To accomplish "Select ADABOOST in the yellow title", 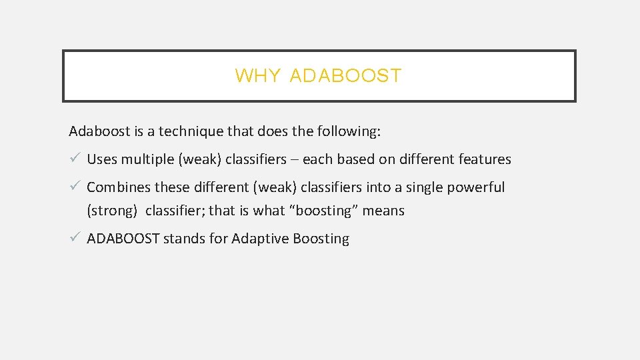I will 346,76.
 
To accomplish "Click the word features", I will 485,159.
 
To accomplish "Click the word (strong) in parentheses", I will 112,211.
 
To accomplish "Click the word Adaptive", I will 259,239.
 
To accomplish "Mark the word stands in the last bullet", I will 184,239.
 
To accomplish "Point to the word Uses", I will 102,159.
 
